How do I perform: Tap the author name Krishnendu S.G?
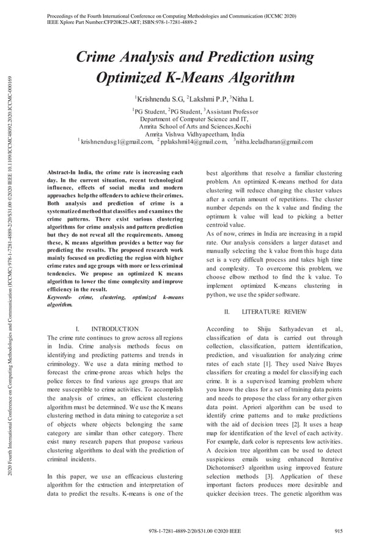[159, 98]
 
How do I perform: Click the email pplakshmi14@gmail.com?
[194, 142]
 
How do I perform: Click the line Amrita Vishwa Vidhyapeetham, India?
[194, 134]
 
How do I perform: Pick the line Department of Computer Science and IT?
[194, 119]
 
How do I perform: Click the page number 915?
[337, 531]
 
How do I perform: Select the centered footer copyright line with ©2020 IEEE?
[194, 531]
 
